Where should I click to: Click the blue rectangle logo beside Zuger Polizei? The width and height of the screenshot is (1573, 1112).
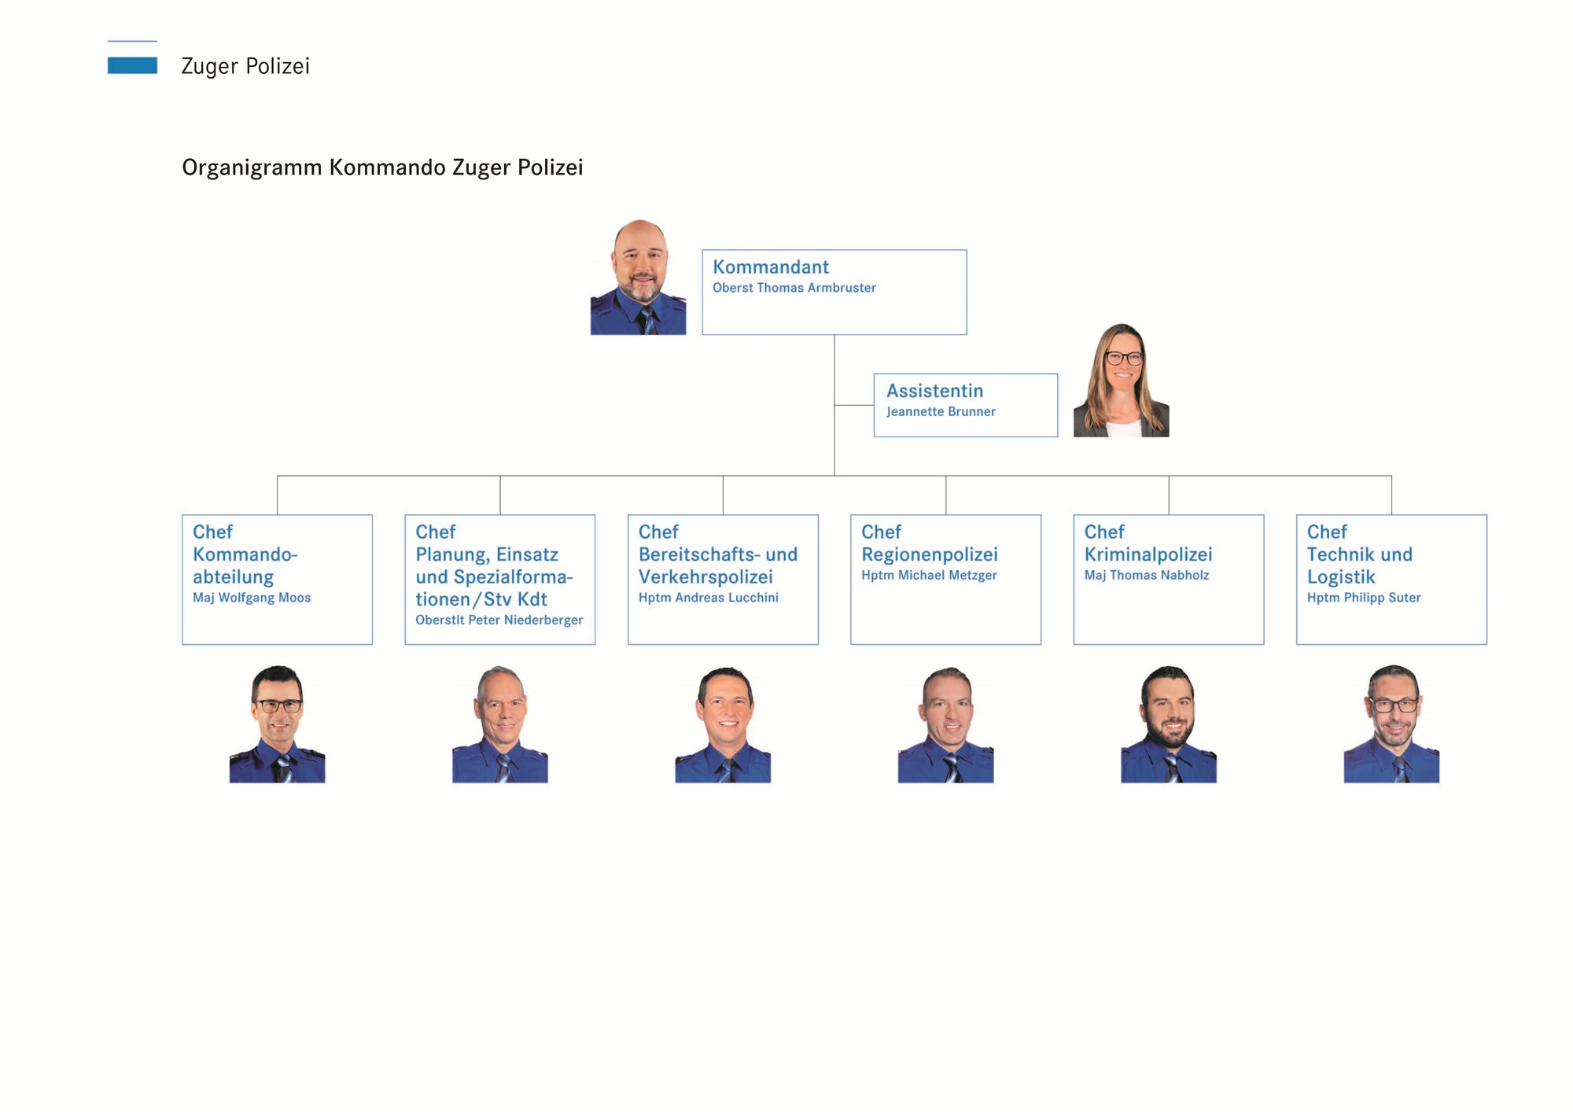coord(132,65)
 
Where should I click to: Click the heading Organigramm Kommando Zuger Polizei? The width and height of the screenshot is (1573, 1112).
coord(382,168)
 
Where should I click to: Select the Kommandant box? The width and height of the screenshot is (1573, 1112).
coord(834,293)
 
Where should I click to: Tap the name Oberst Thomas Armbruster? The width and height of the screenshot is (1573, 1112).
coord(794,288)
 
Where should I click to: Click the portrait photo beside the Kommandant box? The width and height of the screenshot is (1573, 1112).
coord(638,278)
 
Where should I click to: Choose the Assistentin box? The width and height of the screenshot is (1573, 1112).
coord(965,405)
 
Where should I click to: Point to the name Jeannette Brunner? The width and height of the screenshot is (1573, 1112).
coord(941,411)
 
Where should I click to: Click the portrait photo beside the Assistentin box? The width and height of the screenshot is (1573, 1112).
coord(1121,381)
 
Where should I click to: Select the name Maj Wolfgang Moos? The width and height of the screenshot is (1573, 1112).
coord(252,598)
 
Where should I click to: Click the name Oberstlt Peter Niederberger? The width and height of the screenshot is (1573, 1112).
coord(499,620)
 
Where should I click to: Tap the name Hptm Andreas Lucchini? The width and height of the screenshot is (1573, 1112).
coord(708,598)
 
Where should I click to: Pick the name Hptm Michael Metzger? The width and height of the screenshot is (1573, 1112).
coord(929,575)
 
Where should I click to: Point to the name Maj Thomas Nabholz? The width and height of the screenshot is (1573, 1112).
coord(1146,575)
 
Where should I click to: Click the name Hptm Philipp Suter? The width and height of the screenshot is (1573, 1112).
coord(1363,598)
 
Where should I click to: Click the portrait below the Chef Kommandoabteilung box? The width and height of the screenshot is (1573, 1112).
coord(277,724)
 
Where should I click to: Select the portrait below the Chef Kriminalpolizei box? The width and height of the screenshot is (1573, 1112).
coord(1169,724)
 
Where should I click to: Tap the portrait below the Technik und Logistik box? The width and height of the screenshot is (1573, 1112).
coord(1391,724)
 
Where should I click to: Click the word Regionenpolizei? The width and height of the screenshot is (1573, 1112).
coord(929,554)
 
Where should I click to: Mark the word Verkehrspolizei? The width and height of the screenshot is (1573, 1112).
coord(705,576)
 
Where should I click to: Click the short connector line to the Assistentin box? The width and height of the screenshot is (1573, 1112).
coord(854,405)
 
